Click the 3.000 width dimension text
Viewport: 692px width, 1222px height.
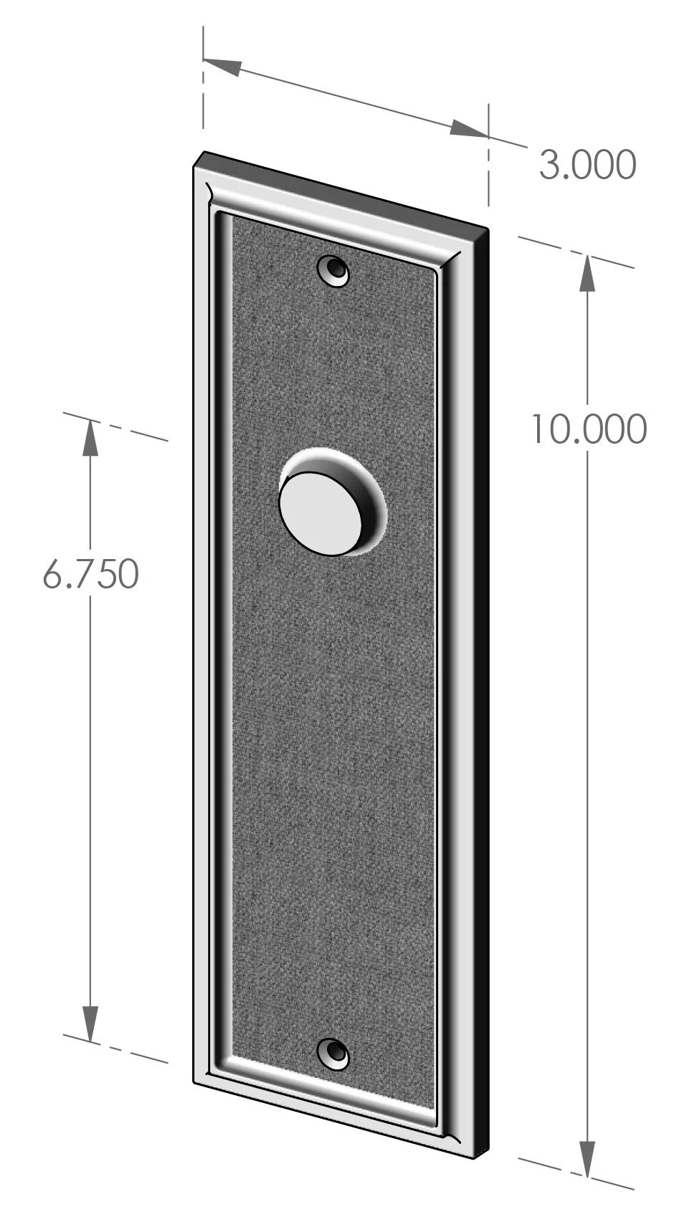(587, 165)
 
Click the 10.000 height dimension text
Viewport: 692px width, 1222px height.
(588, 429)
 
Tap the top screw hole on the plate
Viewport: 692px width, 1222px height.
(334, 271)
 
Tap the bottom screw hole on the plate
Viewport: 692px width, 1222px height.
(333, 1053)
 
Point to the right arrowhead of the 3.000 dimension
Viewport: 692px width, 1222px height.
(469, 130)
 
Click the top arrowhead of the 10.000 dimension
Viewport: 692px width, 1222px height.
(587, 272)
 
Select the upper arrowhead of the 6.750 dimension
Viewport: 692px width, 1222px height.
(90, 436)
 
